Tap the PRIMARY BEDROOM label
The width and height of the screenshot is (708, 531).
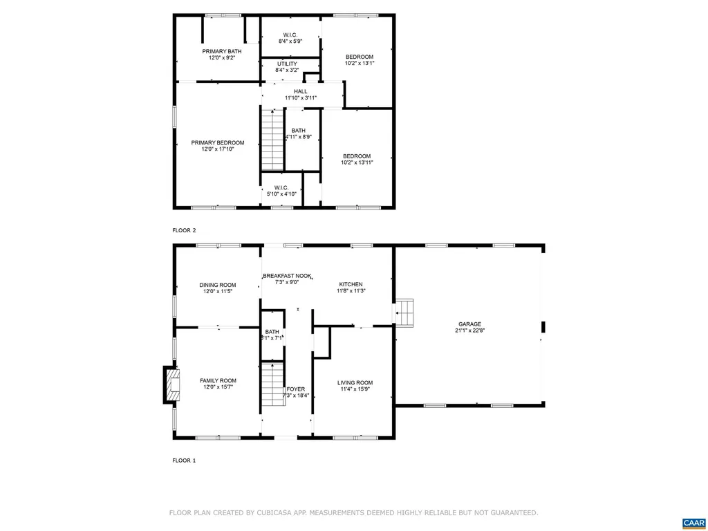[218, 142]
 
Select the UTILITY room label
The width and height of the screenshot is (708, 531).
[287, 64]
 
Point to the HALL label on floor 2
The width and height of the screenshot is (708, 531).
[300, 91]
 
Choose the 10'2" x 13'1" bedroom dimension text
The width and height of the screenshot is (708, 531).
[360, 64]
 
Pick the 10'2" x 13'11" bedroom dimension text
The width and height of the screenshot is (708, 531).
[357, 162]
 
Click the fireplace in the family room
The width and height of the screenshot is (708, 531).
[171, 384]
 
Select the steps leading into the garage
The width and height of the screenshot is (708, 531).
[406, 312]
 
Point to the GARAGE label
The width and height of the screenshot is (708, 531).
[469, 324]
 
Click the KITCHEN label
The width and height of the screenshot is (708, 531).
[351, 284]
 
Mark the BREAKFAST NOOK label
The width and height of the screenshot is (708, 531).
[288, 276]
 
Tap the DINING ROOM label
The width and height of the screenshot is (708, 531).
[218, 285]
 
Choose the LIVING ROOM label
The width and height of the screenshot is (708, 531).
[355, 383]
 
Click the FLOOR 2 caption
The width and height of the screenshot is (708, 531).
[184, 230]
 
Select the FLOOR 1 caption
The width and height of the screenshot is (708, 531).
[184, 460]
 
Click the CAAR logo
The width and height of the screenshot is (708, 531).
[692, 522]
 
